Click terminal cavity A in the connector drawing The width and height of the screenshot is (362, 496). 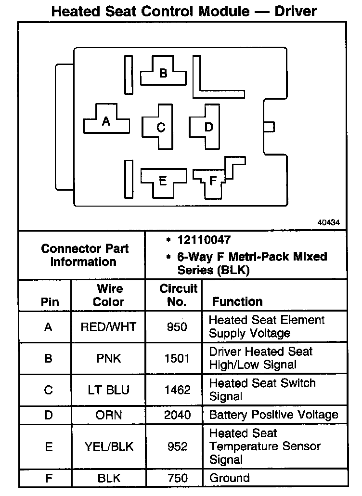coord(106,121)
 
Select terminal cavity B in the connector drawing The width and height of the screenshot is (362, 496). coord(163,73)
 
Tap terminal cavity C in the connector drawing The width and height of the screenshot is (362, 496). coord(161,128)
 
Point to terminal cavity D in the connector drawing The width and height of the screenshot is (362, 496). coord(208,127)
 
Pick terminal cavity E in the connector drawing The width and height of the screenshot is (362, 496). coord(162,181)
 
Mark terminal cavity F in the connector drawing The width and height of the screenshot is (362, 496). coord(213,181)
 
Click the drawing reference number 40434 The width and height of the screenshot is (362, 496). coord(329,222)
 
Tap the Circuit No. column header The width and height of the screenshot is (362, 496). coord(178,295)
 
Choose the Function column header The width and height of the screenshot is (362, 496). coord(237,302)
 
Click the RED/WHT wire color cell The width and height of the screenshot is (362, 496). coord(108,327)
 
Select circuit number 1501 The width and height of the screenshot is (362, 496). coord(178,359)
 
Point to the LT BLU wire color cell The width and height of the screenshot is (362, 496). coord(108,390)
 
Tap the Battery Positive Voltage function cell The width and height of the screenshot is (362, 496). coord(273,415)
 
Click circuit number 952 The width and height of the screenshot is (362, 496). coord(178,447)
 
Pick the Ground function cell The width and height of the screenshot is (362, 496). coord(229,478)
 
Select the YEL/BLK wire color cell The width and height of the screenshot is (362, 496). coord(108,447)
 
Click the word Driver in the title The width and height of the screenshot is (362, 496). coord(295,11)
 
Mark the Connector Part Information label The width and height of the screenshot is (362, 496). coord(84,255)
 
